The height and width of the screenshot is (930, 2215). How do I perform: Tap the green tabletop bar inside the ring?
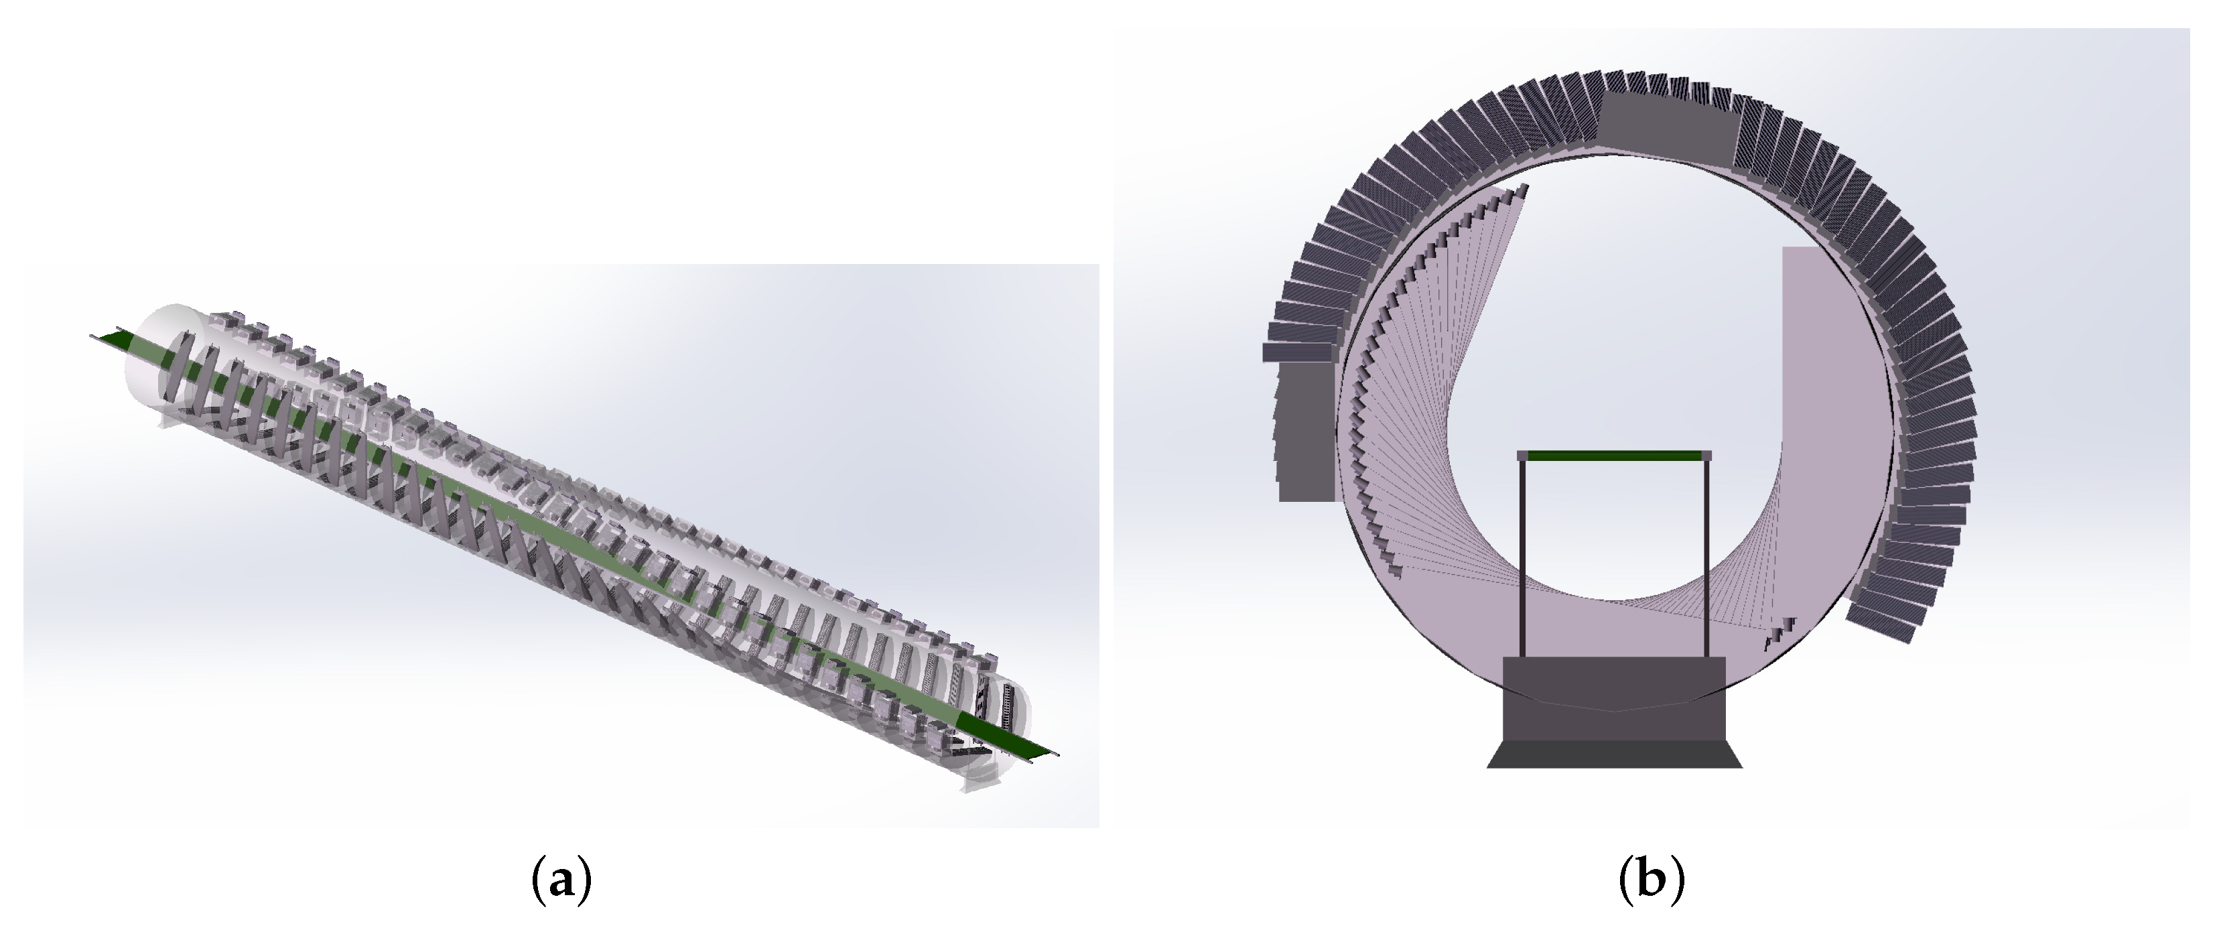[x=1614, y=456]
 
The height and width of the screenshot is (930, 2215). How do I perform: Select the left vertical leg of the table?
[x=1523, y=559]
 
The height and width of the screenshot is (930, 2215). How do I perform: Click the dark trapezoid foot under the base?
[x=1615, y=754]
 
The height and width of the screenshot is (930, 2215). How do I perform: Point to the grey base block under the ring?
[x=1614, y=699]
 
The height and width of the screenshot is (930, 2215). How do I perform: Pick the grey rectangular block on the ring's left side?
[x=1305, y=429]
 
